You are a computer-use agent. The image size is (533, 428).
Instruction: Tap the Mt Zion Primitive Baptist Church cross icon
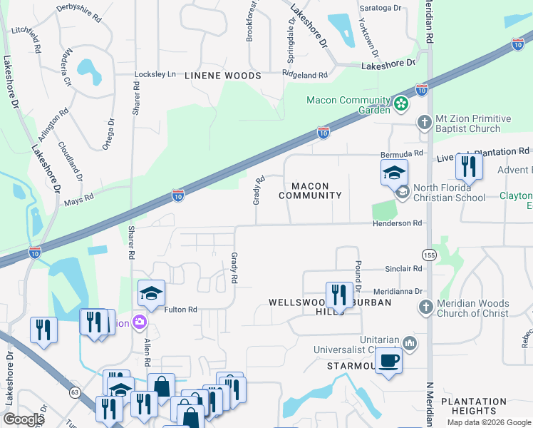tap(424, 122)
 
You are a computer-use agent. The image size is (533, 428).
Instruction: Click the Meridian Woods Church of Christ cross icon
tap(425, 307)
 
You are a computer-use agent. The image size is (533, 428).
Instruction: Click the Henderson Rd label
tap(397, 223)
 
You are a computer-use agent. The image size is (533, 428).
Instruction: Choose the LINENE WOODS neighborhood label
tap(222, 75)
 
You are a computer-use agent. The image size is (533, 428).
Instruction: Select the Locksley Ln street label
tap(155, 74)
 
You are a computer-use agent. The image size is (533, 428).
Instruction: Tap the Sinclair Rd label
tap(403, 269)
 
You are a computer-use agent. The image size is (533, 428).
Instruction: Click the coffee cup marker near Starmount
tap(388, 360)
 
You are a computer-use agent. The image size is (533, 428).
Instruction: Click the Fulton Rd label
tap(180, 310)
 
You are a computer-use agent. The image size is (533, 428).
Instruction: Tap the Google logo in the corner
tap(23, 419)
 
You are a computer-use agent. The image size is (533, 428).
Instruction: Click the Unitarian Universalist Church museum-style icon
tap(409, 343)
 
